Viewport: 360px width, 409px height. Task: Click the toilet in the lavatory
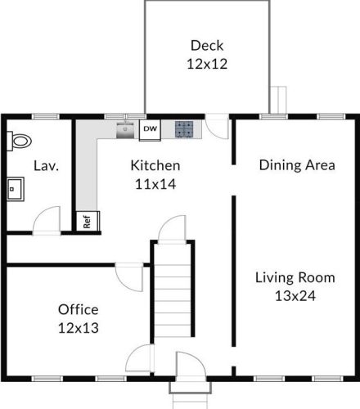(x=19, y=141)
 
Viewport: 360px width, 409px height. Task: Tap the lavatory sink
(x=16, y=189)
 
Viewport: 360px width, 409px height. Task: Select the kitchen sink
(x=125, y=130)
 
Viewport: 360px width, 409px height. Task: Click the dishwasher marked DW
(x=150, y=130)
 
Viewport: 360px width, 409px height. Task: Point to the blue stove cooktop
(x=184, y=128)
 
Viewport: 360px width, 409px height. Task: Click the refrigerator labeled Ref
(x=88, y=221)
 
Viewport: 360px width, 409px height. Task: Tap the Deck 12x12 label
(x=207, y=55)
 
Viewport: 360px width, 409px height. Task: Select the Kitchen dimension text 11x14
(x=155, y=184)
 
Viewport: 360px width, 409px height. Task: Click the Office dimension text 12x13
(x=79, y=328)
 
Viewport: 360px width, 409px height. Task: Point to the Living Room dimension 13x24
(x=295, y=296)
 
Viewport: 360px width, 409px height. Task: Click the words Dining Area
(x=297, y=165)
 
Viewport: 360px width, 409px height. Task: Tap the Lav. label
(x=46, y=166)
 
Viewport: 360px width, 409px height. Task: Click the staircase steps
(x=173, y=290)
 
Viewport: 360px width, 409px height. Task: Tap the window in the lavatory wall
(x=46, y=117)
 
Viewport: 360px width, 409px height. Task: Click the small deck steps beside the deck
(x=278, y=100)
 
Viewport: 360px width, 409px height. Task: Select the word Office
(x=79, y=309)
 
